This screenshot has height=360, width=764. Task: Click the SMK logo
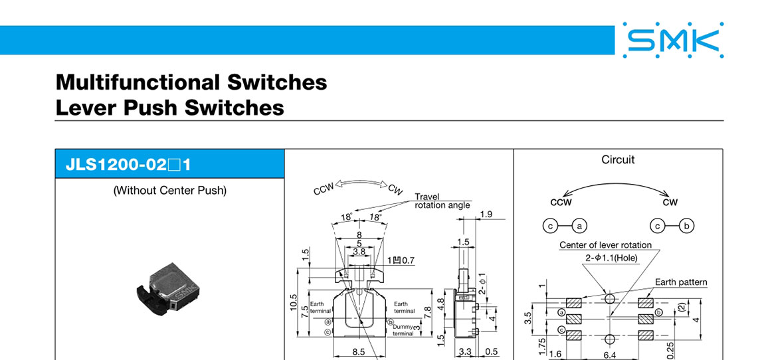click(x=672, y=41)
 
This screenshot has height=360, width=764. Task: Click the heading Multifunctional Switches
click(x=191, y=82)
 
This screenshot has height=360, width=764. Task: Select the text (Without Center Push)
click(x=169, y=191)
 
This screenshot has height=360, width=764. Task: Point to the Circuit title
click(x=617, y=159)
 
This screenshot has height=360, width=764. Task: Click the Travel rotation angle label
click(x=442, y=201)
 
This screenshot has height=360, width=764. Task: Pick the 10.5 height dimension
click(x=294, y=302)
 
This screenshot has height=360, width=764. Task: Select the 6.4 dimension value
click(x=609, y=355)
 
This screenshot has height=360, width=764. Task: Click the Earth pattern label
click(x=681, y=282)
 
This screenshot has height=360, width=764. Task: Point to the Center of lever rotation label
click(x=605, y=245)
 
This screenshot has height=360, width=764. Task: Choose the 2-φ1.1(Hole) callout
click(x=611, y=257)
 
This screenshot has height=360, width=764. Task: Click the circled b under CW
click(x=688, y=226)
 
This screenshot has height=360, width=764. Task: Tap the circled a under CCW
click(x=579, y=226)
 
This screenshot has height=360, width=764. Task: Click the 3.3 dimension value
click(x=464, y=352)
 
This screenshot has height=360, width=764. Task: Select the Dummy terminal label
click(x=403, y=329)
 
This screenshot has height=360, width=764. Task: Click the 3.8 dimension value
click(x=359, y=252)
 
